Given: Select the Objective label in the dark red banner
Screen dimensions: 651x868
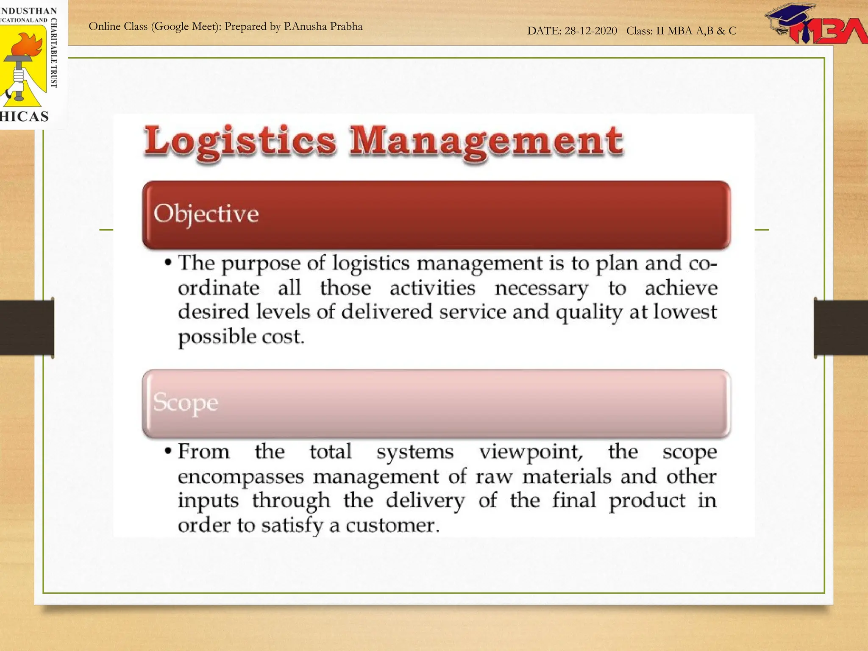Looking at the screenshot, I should tap(206, 214).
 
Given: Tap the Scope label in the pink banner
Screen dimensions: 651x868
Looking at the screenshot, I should tap(186, 402).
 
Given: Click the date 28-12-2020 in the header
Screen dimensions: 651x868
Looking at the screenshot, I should tap(590, 31).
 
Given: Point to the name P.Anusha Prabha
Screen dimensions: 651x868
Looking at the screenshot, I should tap(323, 26).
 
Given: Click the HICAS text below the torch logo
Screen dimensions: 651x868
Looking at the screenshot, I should tap(24, 117).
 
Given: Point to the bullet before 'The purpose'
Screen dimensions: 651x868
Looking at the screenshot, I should tap(168, 263).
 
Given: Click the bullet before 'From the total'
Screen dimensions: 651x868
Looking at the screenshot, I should tap(168, 451).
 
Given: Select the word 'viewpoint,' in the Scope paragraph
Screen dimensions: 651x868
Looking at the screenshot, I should tap(531, 452).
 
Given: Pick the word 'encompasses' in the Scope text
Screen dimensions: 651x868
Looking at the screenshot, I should tap(241, 476).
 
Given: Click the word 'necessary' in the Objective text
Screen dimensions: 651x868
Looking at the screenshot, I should tap(541, 289).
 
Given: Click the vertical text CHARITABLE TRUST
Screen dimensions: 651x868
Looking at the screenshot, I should tap(54, 53).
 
